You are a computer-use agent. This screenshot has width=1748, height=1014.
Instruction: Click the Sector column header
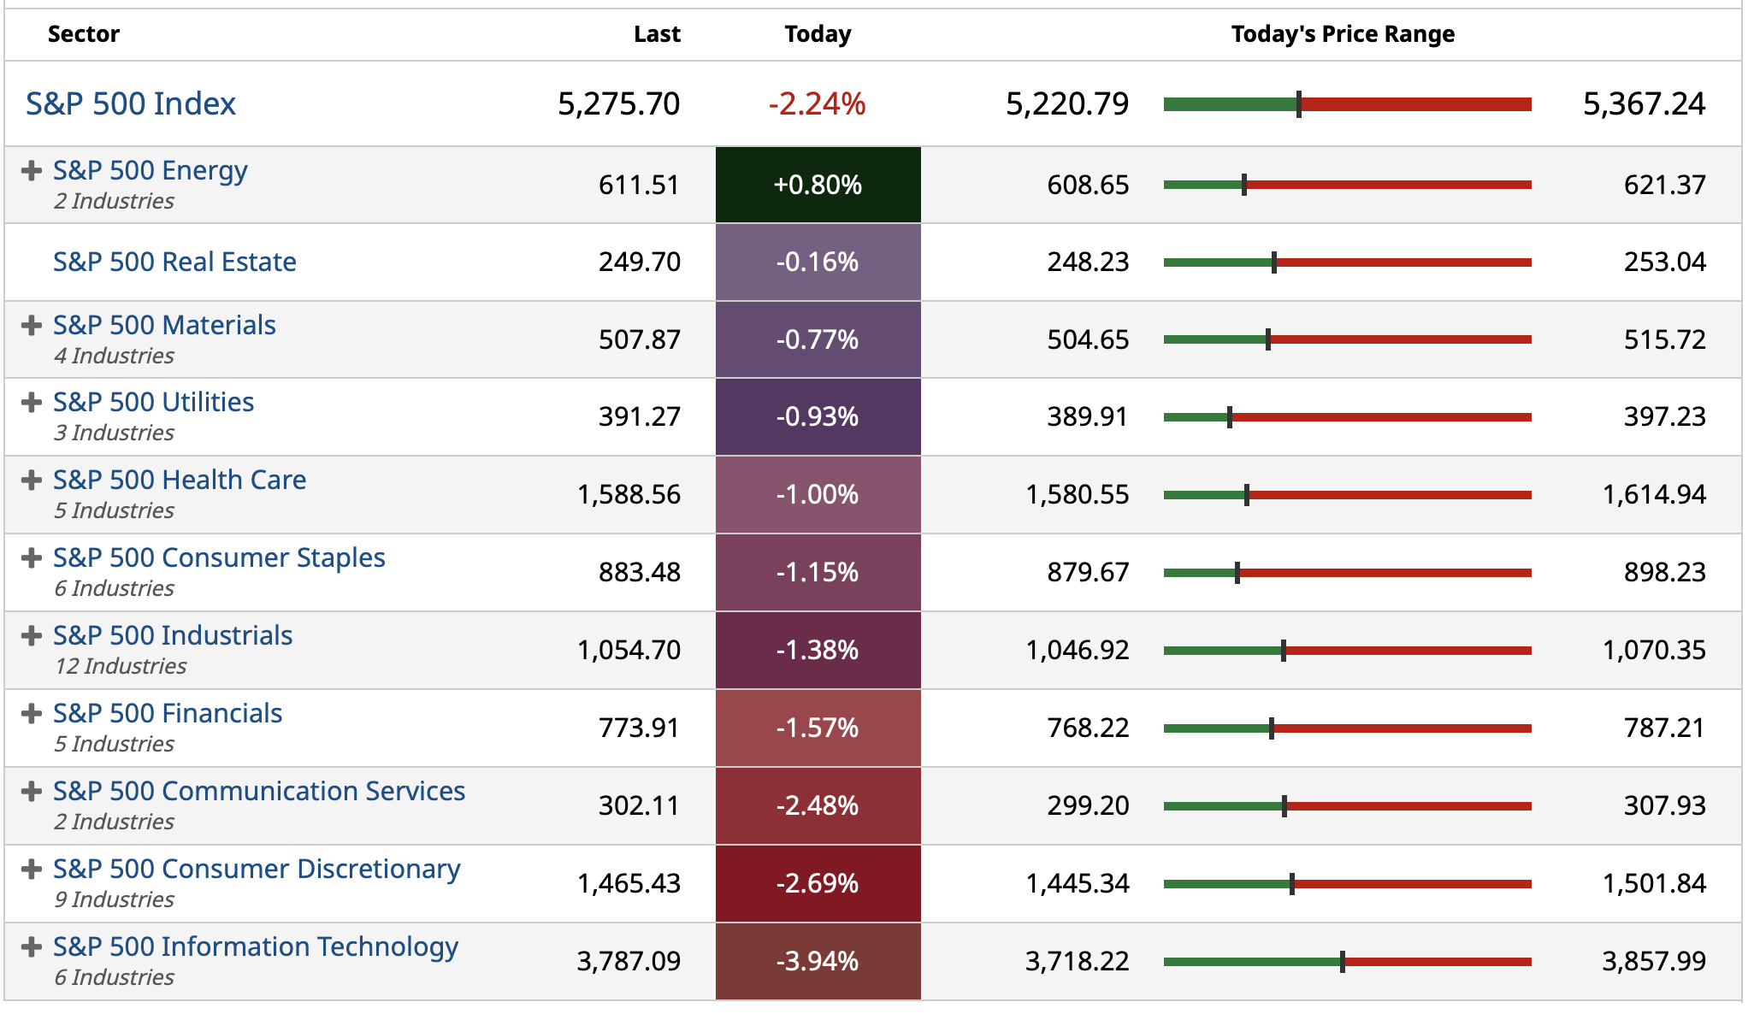(x=84, y=34)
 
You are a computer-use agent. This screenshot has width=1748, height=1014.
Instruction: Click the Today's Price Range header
(x=1342, y=34)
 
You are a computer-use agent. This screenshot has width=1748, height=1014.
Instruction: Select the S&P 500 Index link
(x=131, y=104)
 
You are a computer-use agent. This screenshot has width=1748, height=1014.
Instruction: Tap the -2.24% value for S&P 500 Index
(x=817, y=104)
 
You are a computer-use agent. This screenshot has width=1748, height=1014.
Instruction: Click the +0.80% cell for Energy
(x=818, y=185)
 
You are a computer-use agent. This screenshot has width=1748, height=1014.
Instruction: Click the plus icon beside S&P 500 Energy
(x=32, y=171)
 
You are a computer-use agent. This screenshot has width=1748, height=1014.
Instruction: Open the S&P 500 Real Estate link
(x=174, y=262)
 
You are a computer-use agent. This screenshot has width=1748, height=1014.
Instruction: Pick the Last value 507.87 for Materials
(x=639, y=339)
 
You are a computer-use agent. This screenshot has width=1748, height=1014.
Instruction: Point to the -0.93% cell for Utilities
(x=818, y=416)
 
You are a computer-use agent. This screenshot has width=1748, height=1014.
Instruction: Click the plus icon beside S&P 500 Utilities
(x=32, y=403)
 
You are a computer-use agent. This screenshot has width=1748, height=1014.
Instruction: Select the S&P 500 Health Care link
(x=180, y=480)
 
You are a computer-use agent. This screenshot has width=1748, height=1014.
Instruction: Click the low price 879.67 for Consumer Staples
(x=1088, y=572)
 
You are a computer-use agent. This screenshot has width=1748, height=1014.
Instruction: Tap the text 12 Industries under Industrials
(x=121, y=666)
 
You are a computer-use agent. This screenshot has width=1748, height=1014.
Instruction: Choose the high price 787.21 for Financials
(x=1664, y=728)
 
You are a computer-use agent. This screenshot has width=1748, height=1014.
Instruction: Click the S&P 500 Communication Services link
(x=259, y=791)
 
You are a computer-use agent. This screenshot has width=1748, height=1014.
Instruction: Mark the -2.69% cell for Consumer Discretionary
(x=818, y=883)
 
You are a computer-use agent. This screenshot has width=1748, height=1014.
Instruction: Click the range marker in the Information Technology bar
(x=1343, y=962)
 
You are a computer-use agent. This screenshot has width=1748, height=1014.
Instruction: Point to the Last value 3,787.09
(x=629, y=961)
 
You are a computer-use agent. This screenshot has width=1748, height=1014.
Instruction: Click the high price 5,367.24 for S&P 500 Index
(x=1644, y=104)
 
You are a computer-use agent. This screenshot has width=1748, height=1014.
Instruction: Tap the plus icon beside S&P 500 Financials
(x=32, y=714)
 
